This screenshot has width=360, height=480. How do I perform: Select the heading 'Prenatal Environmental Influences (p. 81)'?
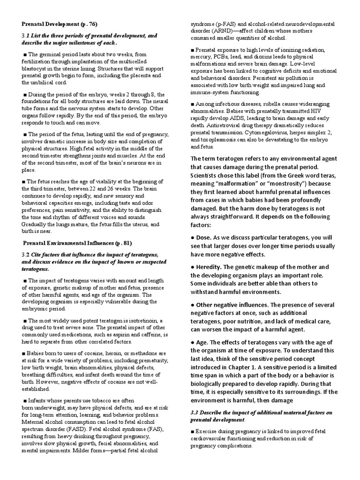tap(77, 243)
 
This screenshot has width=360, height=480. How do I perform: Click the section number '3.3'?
tap(196, 412)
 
